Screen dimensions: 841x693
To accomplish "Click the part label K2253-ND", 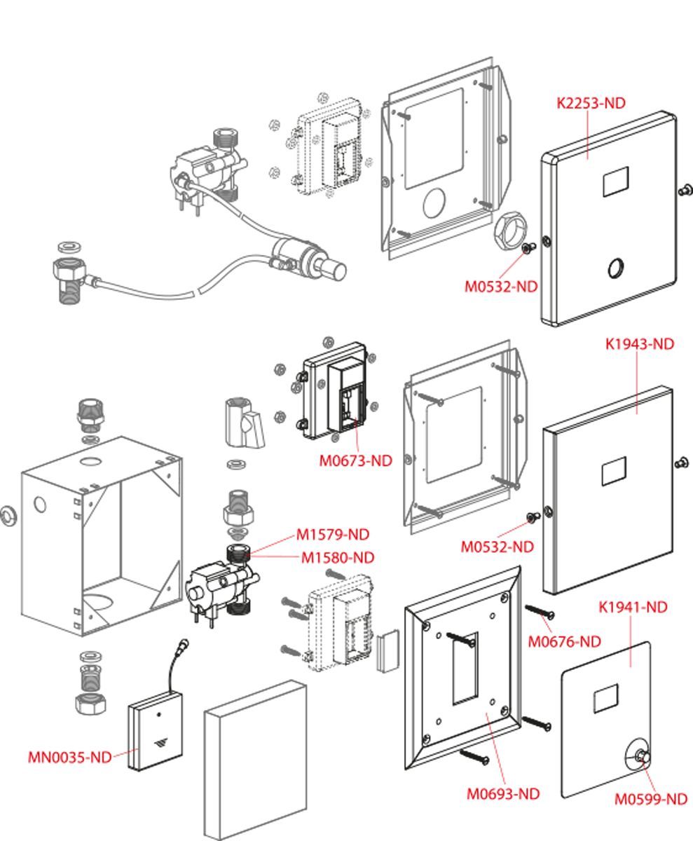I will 591,103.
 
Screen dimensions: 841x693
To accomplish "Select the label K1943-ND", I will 639,344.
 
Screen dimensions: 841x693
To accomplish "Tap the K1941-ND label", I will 633,607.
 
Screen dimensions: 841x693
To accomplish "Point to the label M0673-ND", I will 356,460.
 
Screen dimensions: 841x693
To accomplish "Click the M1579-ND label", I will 332,534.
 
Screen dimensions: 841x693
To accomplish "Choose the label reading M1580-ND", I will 338,557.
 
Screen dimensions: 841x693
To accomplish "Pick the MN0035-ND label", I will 69,757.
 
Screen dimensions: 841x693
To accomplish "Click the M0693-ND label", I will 503,794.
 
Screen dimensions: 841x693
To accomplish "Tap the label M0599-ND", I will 651,799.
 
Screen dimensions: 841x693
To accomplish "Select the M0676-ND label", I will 564,641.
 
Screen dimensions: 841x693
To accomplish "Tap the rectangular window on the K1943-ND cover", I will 614,472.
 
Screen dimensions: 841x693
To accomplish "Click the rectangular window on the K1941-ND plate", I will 605,699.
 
